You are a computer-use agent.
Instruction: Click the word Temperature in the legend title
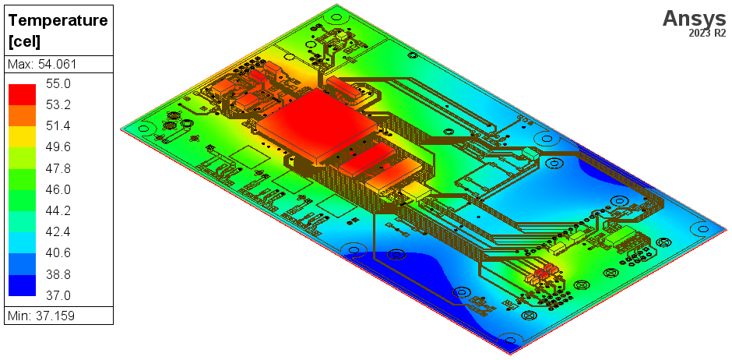(x=58, y=21)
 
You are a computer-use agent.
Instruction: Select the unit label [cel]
(x=24, y=41)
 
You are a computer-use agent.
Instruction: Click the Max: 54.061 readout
(x=42, y=64)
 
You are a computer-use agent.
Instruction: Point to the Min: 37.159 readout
(x=40, y=316)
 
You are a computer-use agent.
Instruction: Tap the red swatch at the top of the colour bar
(x=22, y=94)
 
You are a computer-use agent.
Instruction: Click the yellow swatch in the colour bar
(x=22, y=136)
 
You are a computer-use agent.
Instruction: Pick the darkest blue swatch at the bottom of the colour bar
(x=22, y=285)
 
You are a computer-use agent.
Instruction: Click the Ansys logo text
(x=694, y=18)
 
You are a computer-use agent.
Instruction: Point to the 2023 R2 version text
(x=707, y=34)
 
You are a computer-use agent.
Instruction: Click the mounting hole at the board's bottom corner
(x=510, y=341)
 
